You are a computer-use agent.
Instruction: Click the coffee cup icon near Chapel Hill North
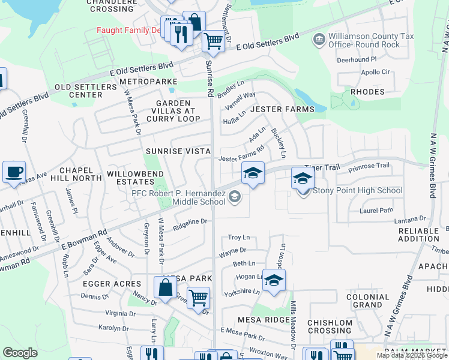(x=14, y=172)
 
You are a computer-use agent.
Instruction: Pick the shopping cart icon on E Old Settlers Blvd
(x=213, y=41)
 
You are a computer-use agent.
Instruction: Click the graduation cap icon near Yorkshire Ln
(x=274, y=280)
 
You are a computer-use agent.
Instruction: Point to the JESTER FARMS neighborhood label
(x=282, y=109)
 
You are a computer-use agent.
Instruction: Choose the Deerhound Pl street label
(x=356, y=60)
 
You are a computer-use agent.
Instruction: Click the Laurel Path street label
(x=376, y=210)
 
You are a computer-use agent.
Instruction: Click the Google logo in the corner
(x=20, y=353)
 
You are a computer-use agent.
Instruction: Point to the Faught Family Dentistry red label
(x=130, y=30)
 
